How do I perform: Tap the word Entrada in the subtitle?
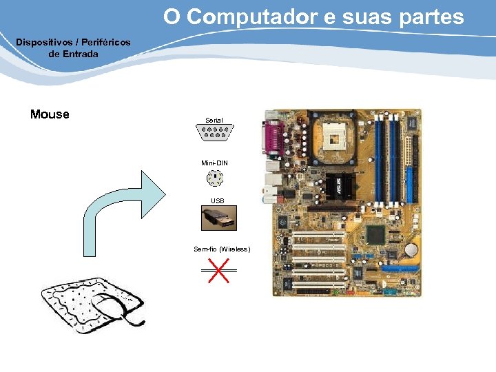click(x=81, y=54)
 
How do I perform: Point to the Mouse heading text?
click(x=50, y=114)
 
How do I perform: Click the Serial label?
click(x=214, y=120)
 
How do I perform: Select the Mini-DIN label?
click(x=214, y=163)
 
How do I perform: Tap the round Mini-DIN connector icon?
click(x=215, y=178)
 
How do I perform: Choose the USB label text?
click(x=217, y=201)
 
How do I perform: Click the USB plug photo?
click(x=218, y=218)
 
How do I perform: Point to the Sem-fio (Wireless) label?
click(x=222, y=249)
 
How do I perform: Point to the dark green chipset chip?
click(x=375, y=234)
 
